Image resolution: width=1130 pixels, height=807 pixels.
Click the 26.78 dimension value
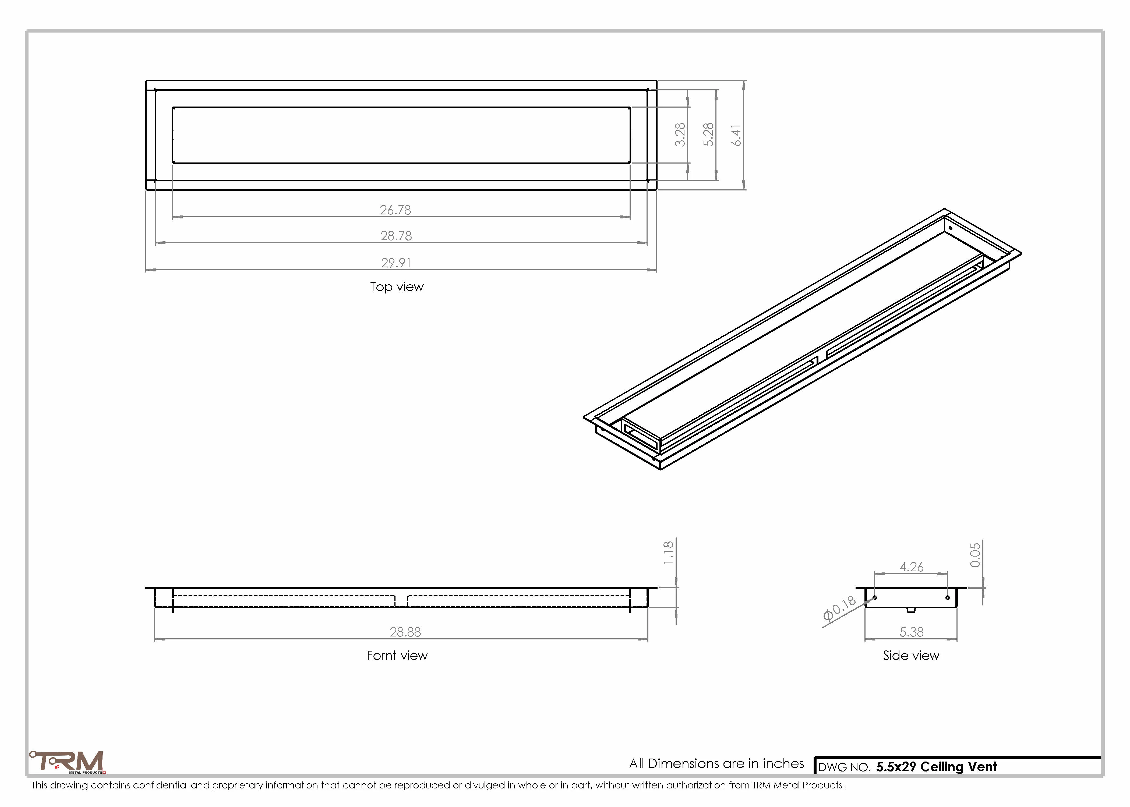click(395, 210)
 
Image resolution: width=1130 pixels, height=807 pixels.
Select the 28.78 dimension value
click(396, 236)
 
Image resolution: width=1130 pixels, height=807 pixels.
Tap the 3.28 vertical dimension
click(680, 135)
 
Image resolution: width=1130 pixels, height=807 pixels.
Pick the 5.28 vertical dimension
click(708, 135)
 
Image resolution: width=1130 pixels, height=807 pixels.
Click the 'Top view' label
click(397, 287)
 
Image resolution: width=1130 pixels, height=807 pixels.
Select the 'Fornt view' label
click(397, 656)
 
